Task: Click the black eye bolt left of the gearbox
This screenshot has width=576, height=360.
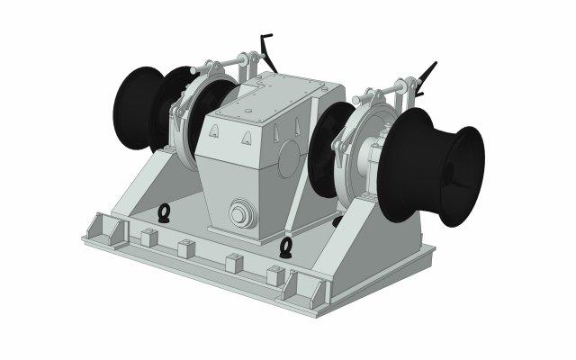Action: [x=165, y=212]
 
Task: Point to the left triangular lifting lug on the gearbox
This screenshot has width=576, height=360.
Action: [x=213, y=132]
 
